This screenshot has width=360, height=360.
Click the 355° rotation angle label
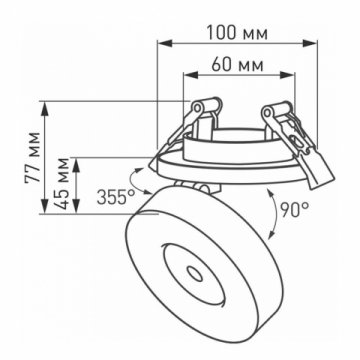coord(116,197)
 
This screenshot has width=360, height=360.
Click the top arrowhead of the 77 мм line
coord(49,103)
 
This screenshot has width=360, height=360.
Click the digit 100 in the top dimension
coord(221,32)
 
